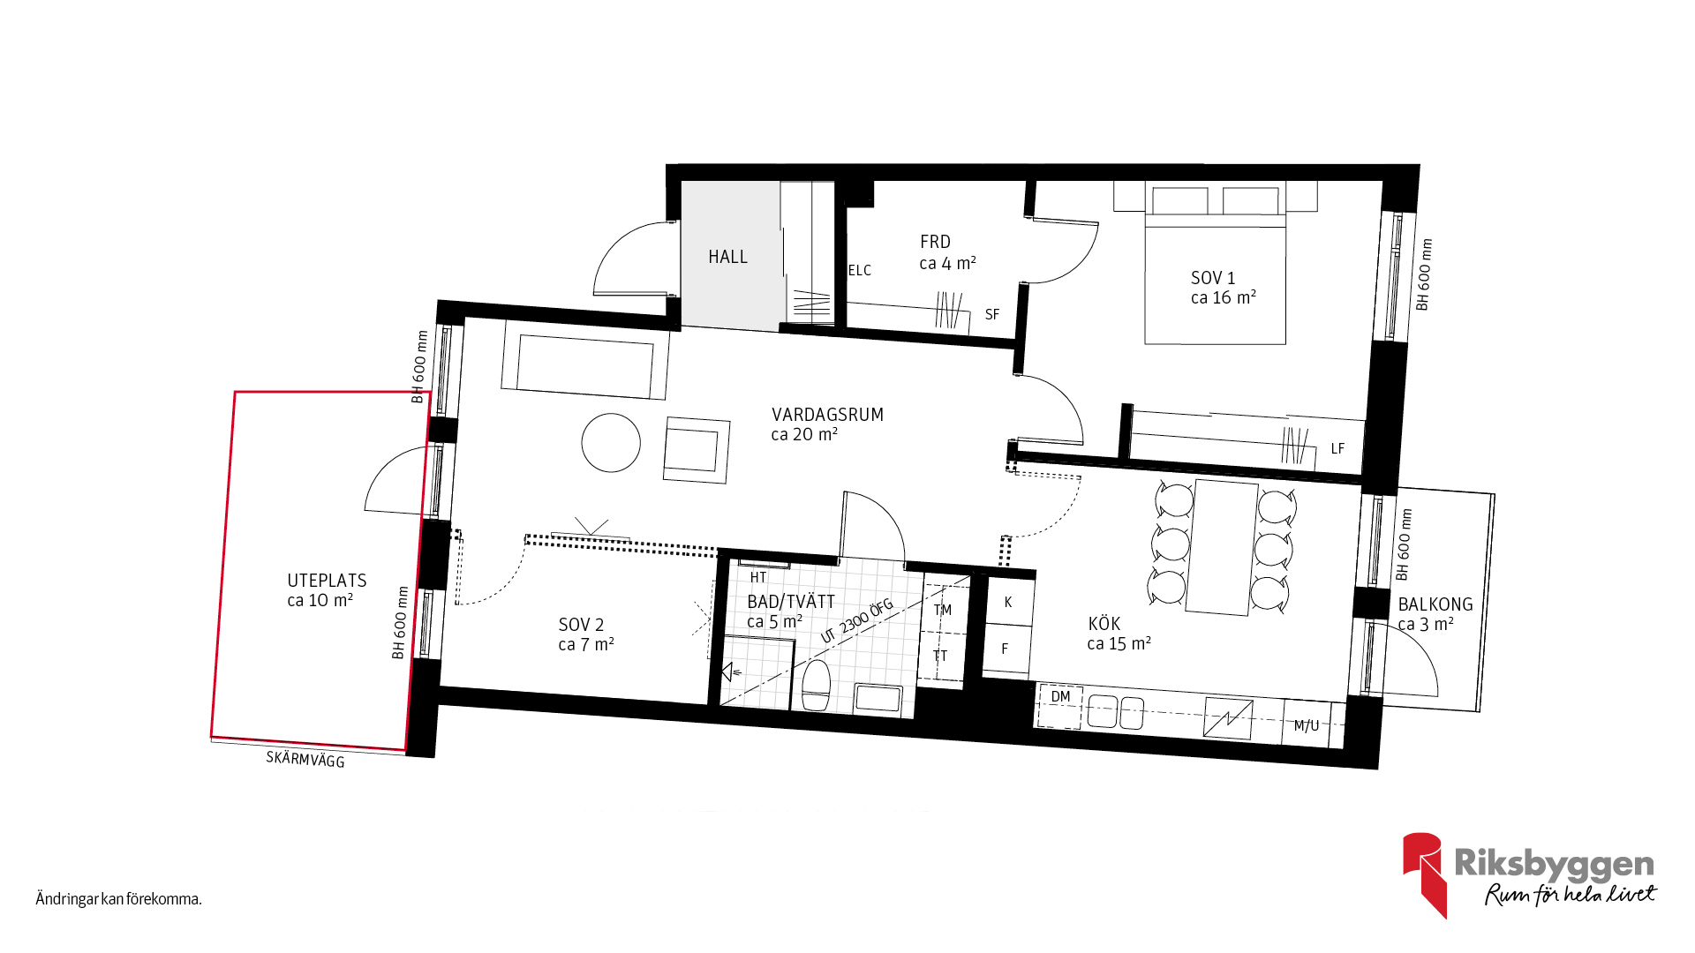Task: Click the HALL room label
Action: point(727,257)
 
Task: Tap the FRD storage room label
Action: point(936,242)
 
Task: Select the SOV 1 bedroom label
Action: point(1213,278)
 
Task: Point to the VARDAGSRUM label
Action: point(827,415)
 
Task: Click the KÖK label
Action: point(1104,624)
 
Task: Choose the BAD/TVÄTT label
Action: point(791,602)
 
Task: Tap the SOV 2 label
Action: point(582,625)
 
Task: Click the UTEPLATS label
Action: point(327,581)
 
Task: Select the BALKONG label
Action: point(1435,604)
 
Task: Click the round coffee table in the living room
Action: point(611,443)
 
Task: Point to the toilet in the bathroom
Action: point(817,685)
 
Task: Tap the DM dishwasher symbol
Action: point(1060,696)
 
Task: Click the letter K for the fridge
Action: point(1008,603)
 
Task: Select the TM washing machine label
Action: point(943,610)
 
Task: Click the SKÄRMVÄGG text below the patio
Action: point(305,759)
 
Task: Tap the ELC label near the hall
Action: point(860,271)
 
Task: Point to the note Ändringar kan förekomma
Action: point(119,899)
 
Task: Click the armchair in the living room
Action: point(697,450)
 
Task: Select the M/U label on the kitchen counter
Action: point(1307,726)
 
